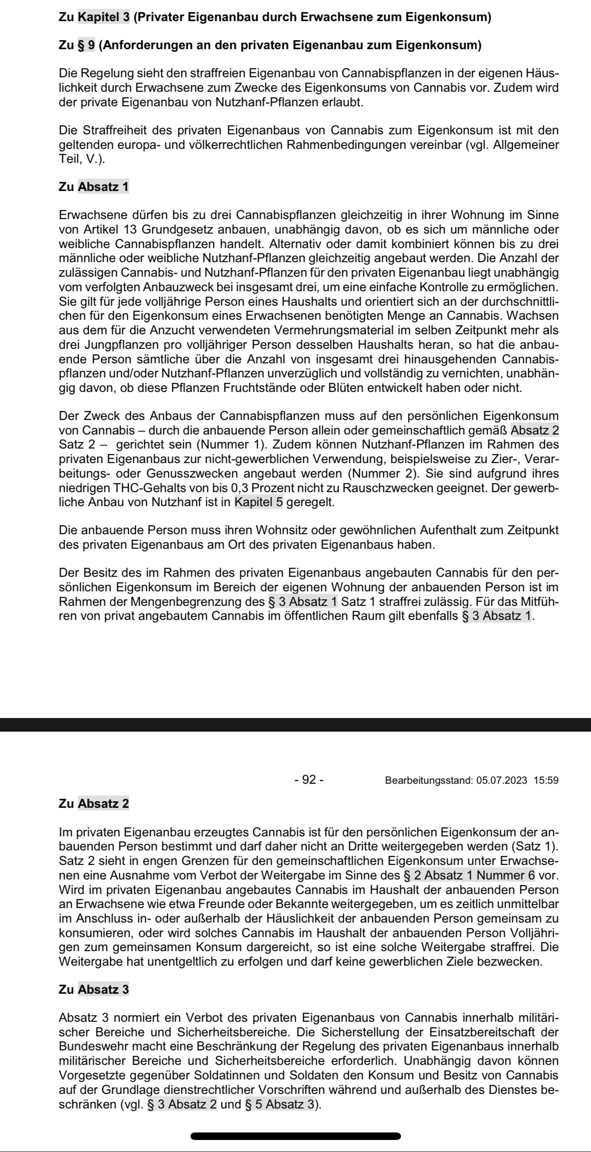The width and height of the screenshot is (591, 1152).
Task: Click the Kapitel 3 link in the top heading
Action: pos(104,17)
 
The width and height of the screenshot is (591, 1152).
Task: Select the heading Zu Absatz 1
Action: pos(94,187)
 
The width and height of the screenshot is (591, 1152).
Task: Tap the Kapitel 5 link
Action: pos(259,502)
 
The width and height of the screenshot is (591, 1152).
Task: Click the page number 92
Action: pos(309,780)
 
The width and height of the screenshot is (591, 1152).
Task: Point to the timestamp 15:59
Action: pos(546,781)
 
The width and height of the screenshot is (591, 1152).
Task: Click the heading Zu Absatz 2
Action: pos(94,804)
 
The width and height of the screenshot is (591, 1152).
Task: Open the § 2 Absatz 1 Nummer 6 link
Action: pos(469,875)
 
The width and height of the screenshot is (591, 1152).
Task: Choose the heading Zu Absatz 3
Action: pos(94,990)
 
